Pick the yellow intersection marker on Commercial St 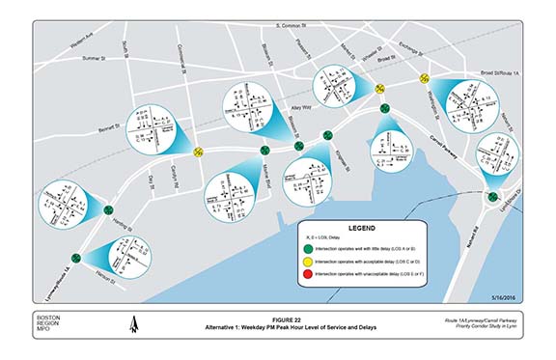tap(198, 151)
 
